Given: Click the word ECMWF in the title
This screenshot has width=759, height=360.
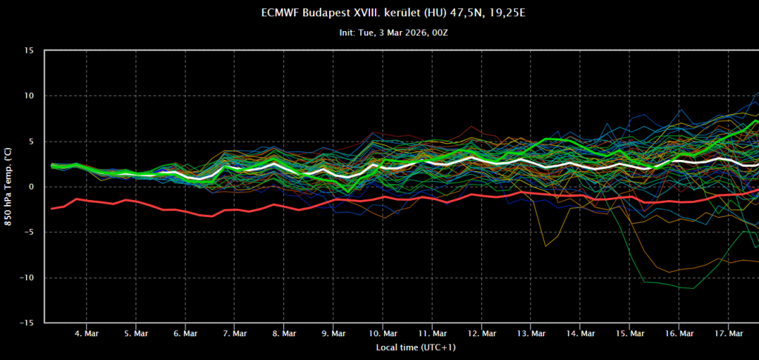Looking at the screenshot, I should click(279, 13).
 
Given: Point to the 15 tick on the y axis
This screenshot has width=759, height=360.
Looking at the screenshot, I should click(30, 50).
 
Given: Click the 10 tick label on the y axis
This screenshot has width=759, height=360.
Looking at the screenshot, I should click(30, 96).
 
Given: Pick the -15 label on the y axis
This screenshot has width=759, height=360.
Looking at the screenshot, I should click(27, 323).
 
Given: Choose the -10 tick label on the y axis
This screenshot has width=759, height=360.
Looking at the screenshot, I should click(27, 278).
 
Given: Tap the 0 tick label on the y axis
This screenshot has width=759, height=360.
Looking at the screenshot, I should click(32, 187).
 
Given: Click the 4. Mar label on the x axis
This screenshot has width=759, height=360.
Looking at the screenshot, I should click(86, 333).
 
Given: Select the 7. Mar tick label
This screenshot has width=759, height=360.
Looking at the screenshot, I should click(234, 333).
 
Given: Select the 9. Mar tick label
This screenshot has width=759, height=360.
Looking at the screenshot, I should click(333, 333).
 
